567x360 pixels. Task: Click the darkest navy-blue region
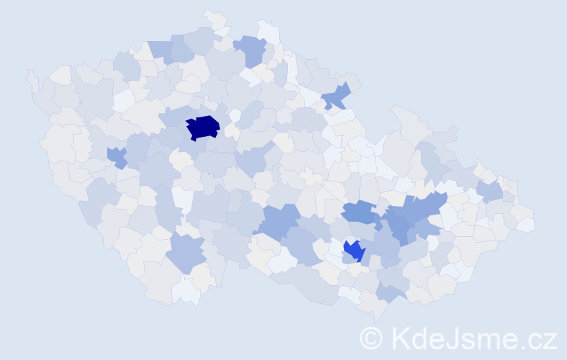pyautogui.click(x=203, y=127)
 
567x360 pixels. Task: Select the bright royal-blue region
pyautogui.click(x=354, y=251)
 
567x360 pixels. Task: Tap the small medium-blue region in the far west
pyautogui.click(x=116, y=156)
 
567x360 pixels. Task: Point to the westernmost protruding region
pyautogui.click(x=31, y=80)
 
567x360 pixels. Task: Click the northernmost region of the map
pyautogui.click(x=214, y=17)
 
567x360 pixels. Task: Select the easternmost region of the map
pyautogui.click(x=526, y=224)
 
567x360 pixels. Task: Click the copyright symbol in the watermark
pyautogui.click(x=372, y=338)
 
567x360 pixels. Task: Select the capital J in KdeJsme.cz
pyautogui.click(x=453, y=338)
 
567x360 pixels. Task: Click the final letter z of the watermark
pyautogui.click(x=550, y=340)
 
